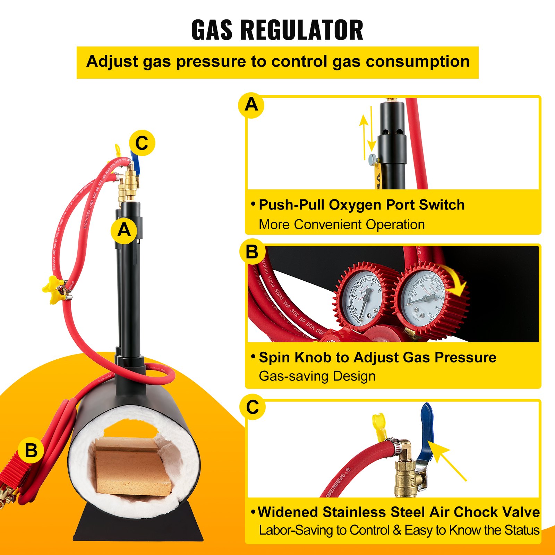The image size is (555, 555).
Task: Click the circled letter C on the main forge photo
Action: point(142,143)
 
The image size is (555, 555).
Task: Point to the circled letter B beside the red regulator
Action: point(31,451)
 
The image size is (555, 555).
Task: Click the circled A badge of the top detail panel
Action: point(251,105)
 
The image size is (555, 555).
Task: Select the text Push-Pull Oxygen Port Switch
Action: point(361,205)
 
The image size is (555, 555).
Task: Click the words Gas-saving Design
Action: point(317,376)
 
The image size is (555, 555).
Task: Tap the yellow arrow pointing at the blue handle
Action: point(447,460)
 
